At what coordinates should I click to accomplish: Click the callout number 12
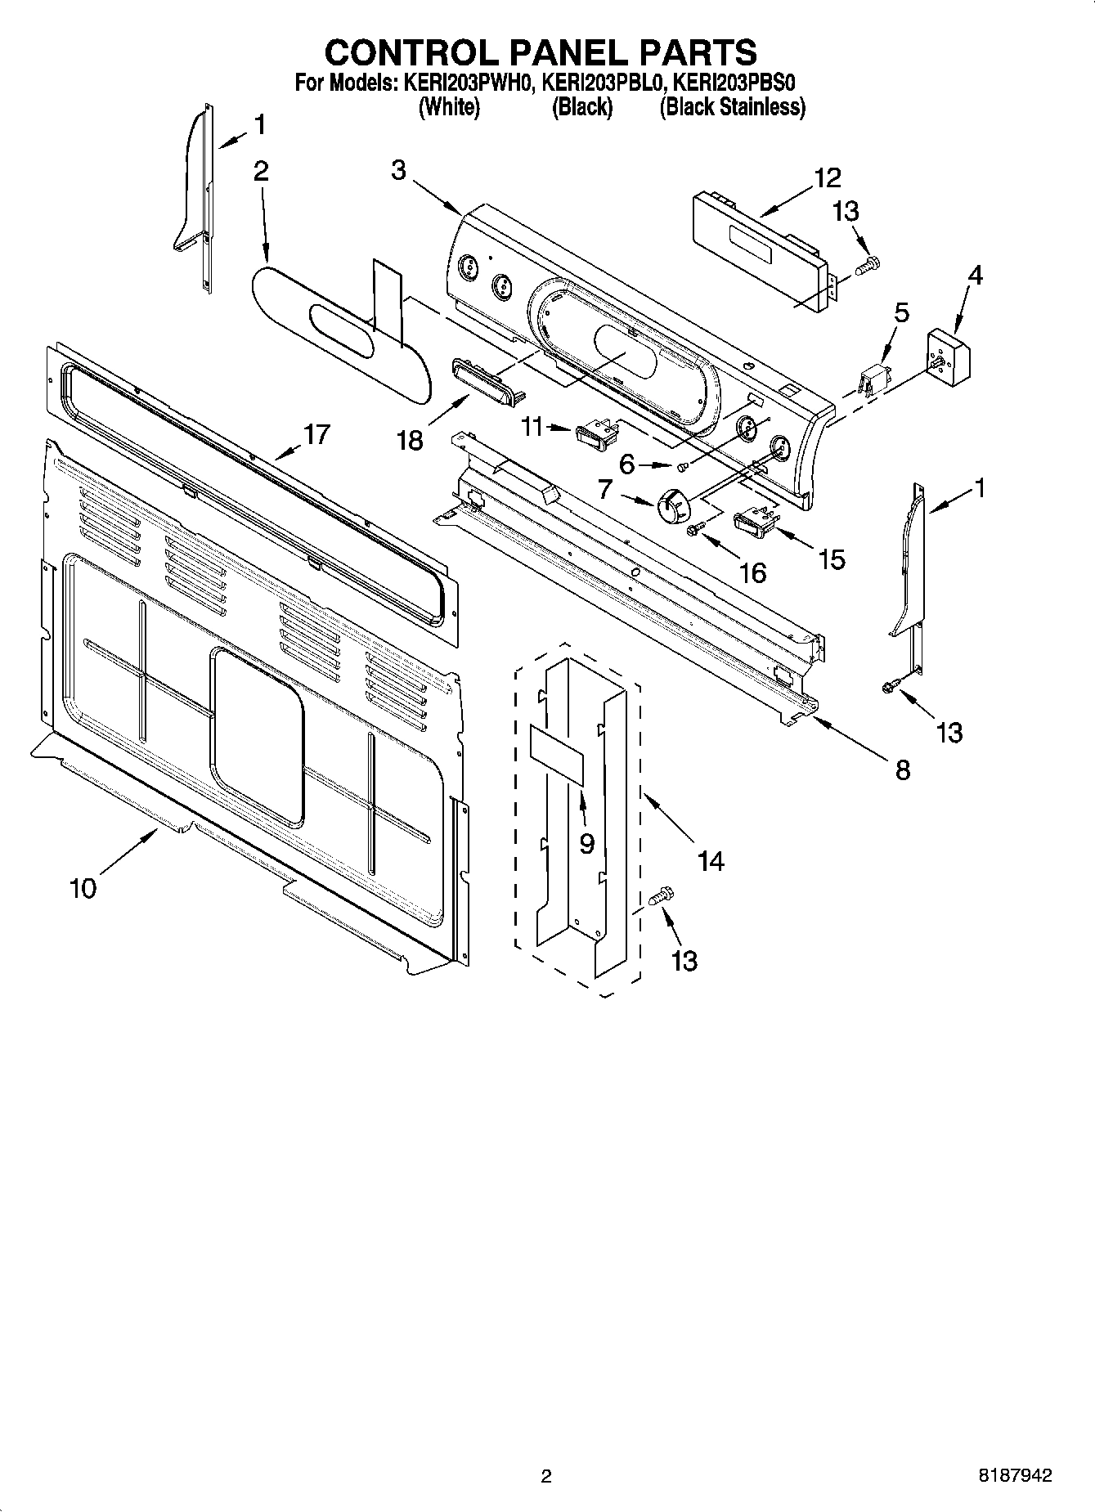click(827, 177)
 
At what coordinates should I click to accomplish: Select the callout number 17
click(316, 434)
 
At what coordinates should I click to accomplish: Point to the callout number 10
click(83, 887)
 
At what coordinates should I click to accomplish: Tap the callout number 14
click(711, 860)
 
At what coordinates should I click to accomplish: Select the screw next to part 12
click(867, 265)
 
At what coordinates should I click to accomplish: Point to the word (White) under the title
click(449, 107)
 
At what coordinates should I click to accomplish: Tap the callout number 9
click(586, 843)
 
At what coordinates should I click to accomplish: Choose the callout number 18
click(410, 440)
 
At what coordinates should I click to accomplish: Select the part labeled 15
click(755, 522)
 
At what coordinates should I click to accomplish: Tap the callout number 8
click(903, 769)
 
